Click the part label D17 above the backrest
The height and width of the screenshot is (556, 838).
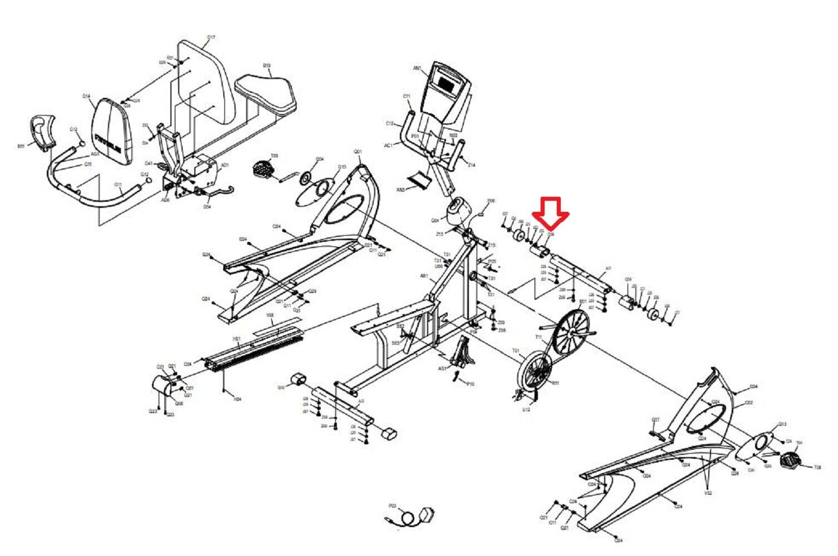(211, 38)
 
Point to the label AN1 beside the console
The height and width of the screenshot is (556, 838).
(417, 68)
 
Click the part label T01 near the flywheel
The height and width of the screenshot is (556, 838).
(516, 351)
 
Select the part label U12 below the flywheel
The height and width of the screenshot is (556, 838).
(526, 410)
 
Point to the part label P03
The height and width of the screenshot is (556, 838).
(392, 506)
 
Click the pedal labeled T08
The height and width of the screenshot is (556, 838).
(790, 459)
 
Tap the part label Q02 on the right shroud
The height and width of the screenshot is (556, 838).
(749, 403)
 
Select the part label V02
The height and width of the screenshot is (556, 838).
(708, 493)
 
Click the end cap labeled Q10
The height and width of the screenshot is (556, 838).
(296, 380)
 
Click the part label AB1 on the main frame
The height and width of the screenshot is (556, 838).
(424, 276)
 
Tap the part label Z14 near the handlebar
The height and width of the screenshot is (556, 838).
(472, 165)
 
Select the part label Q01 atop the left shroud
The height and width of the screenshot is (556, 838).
(358, 152)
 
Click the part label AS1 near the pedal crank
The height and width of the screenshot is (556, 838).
(443, 369)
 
